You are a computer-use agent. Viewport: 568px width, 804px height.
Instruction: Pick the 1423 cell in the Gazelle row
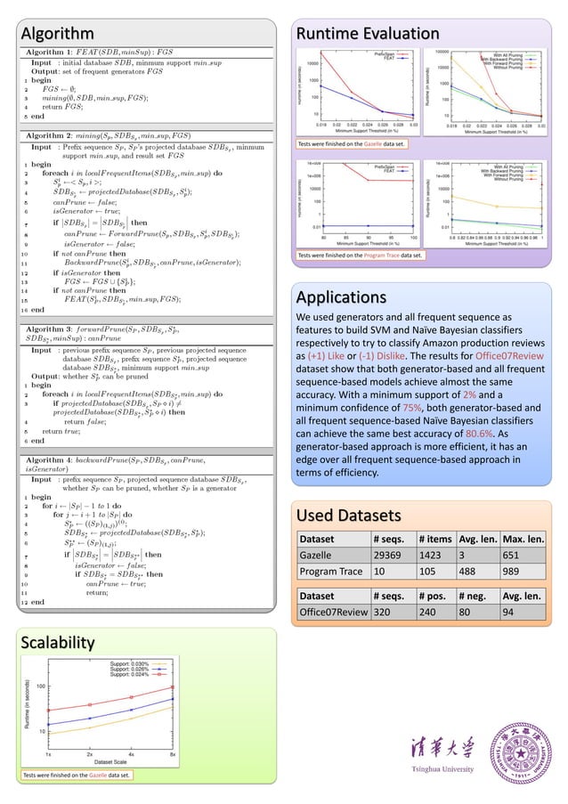(x=436, y=554)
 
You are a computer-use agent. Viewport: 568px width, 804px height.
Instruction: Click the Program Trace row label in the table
(x=330, y=570)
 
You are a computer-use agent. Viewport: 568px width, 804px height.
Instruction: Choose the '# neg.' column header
(x=475, y=597)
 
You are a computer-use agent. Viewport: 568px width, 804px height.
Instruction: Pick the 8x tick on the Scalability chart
(x=173, y=752)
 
